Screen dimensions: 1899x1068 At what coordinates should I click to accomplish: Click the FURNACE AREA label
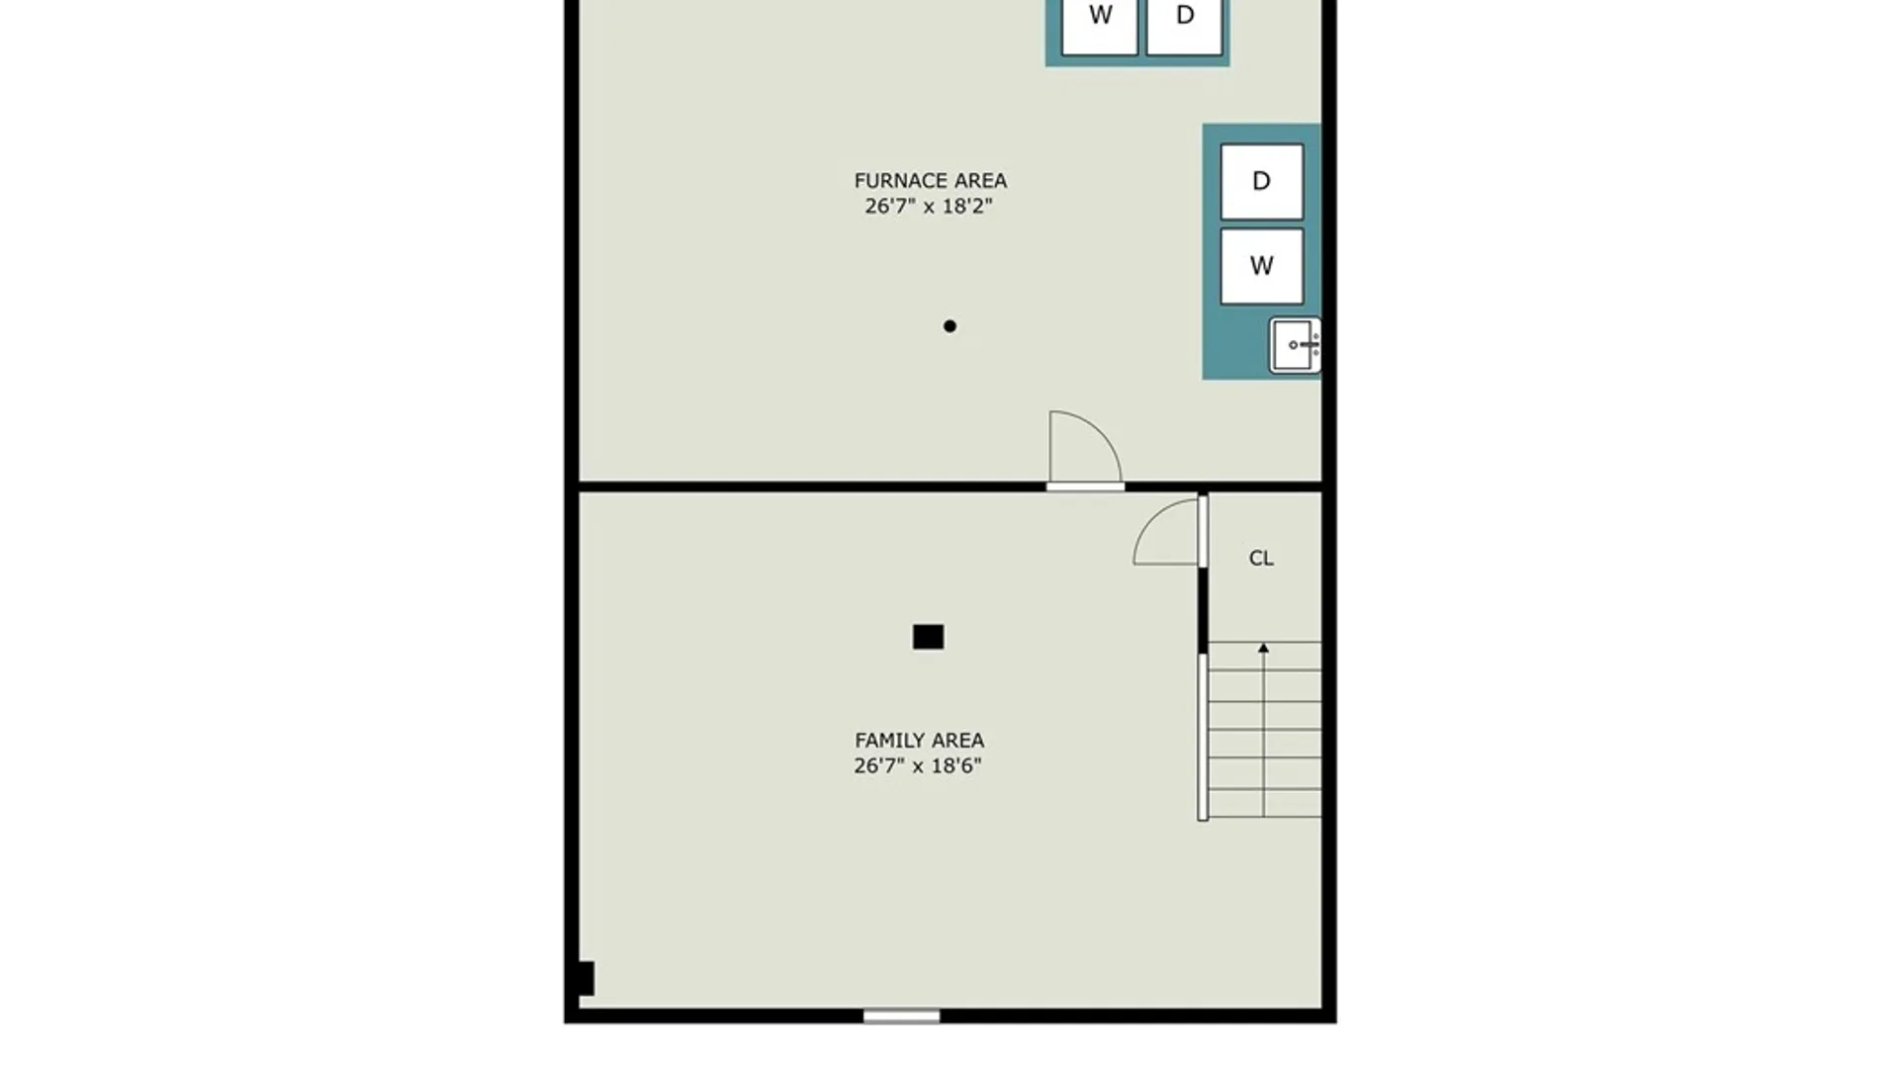pos(930,181)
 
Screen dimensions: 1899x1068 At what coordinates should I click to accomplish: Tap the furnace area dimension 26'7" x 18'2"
pos(929,206)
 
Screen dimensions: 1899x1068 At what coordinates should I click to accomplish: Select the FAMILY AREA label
pos(919,740)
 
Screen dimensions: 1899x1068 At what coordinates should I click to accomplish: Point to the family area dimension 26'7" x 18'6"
pos(918,765)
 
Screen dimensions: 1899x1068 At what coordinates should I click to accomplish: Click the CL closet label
pos(1261,558)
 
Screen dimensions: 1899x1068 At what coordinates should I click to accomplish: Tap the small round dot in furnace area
pos(949,326)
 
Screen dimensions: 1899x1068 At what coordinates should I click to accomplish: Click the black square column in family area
pos(928,637)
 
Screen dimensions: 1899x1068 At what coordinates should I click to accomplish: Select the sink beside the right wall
pos(1295,345)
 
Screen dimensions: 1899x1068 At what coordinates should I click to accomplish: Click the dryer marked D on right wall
pos(1261,181)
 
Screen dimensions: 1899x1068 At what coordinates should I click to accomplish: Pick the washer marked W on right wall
pos(1261,266)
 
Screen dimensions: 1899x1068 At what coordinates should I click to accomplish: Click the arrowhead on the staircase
pos(1263,648)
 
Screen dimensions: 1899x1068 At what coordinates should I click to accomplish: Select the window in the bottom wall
pos(901,1016)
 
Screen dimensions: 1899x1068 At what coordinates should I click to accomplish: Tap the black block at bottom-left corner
pos(585,978)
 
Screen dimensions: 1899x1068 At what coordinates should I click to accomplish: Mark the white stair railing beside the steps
pos(1203,737)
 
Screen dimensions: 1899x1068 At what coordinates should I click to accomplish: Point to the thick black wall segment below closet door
pos(1203,610)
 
